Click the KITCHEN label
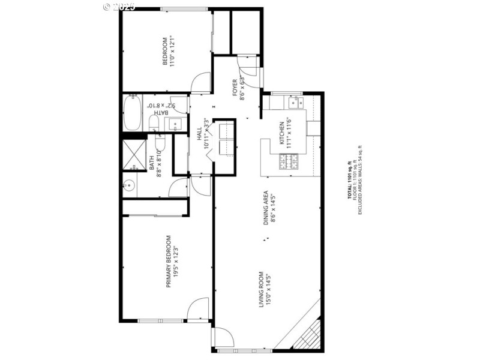pos(281,133)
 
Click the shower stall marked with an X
pos(131,154)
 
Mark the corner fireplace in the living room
pos(307,333)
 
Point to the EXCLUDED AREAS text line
pos(360,181)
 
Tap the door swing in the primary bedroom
pos(199,310)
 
